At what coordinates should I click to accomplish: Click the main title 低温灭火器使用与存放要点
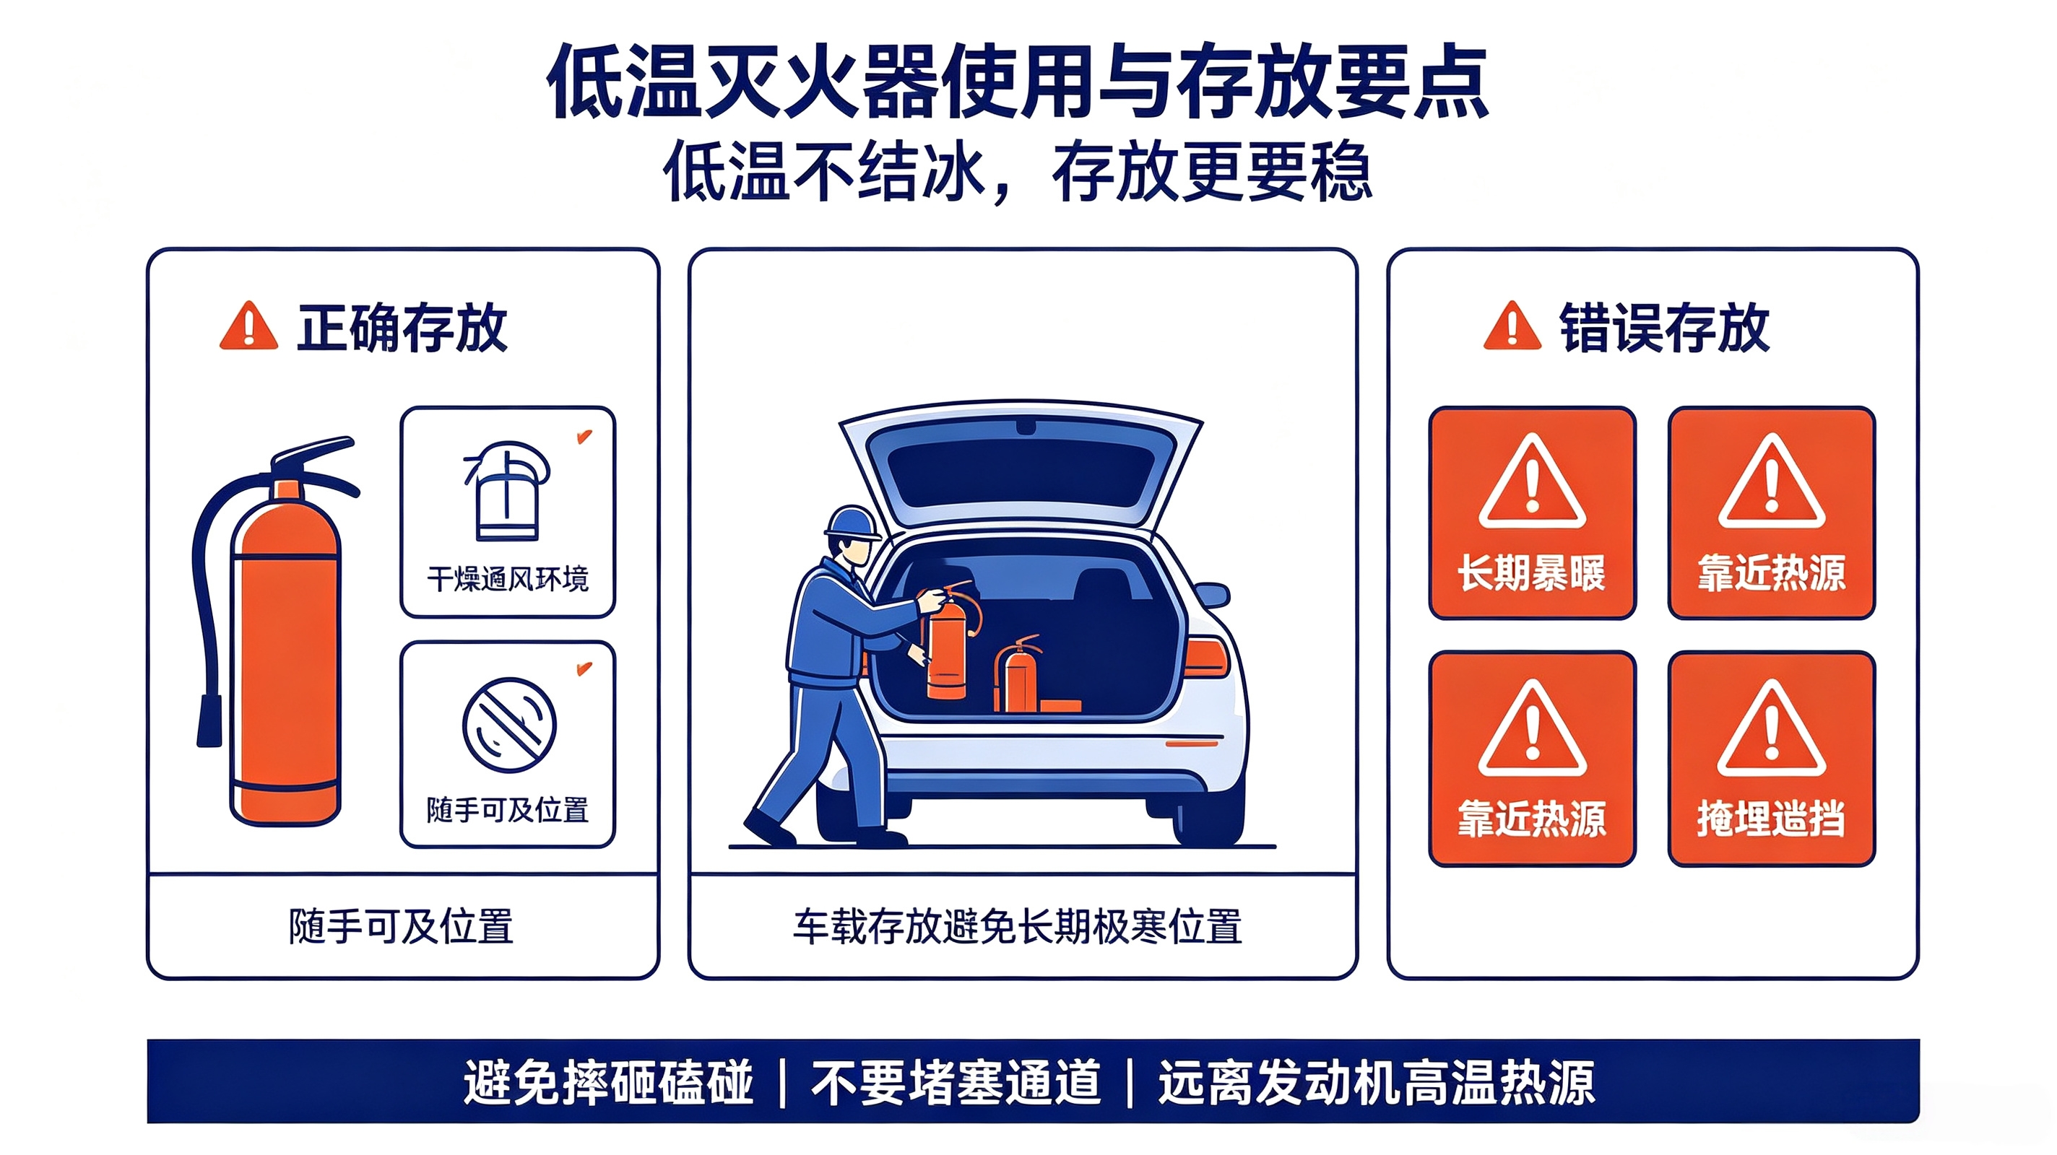coord(1018,82)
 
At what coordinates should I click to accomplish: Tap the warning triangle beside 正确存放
coord(248,326)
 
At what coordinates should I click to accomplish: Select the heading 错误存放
coord(1664,327)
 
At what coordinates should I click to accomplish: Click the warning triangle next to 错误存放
coord(1512,326)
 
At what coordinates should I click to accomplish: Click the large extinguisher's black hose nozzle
coord(210,720)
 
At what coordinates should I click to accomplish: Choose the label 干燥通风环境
coord(508,579)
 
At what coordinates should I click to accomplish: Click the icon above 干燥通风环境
coord(508,492)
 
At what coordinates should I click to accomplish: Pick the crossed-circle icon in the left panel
coord(509,725)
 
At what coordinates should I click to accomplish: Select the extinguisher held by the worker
coord(948,640)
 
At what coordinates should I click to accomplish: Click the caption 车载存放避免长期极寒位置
coord(1018,927)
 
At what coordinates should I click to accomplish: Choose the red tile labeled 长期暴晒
coord(1532,513)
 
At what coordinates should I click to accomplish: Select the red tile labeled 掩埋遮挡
coord(1771,758)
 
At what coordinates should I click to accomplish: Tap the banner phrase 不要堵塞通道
coord(956,1083)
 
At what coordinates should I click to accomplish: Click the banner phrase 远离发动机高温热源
coord(1377,1083)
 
